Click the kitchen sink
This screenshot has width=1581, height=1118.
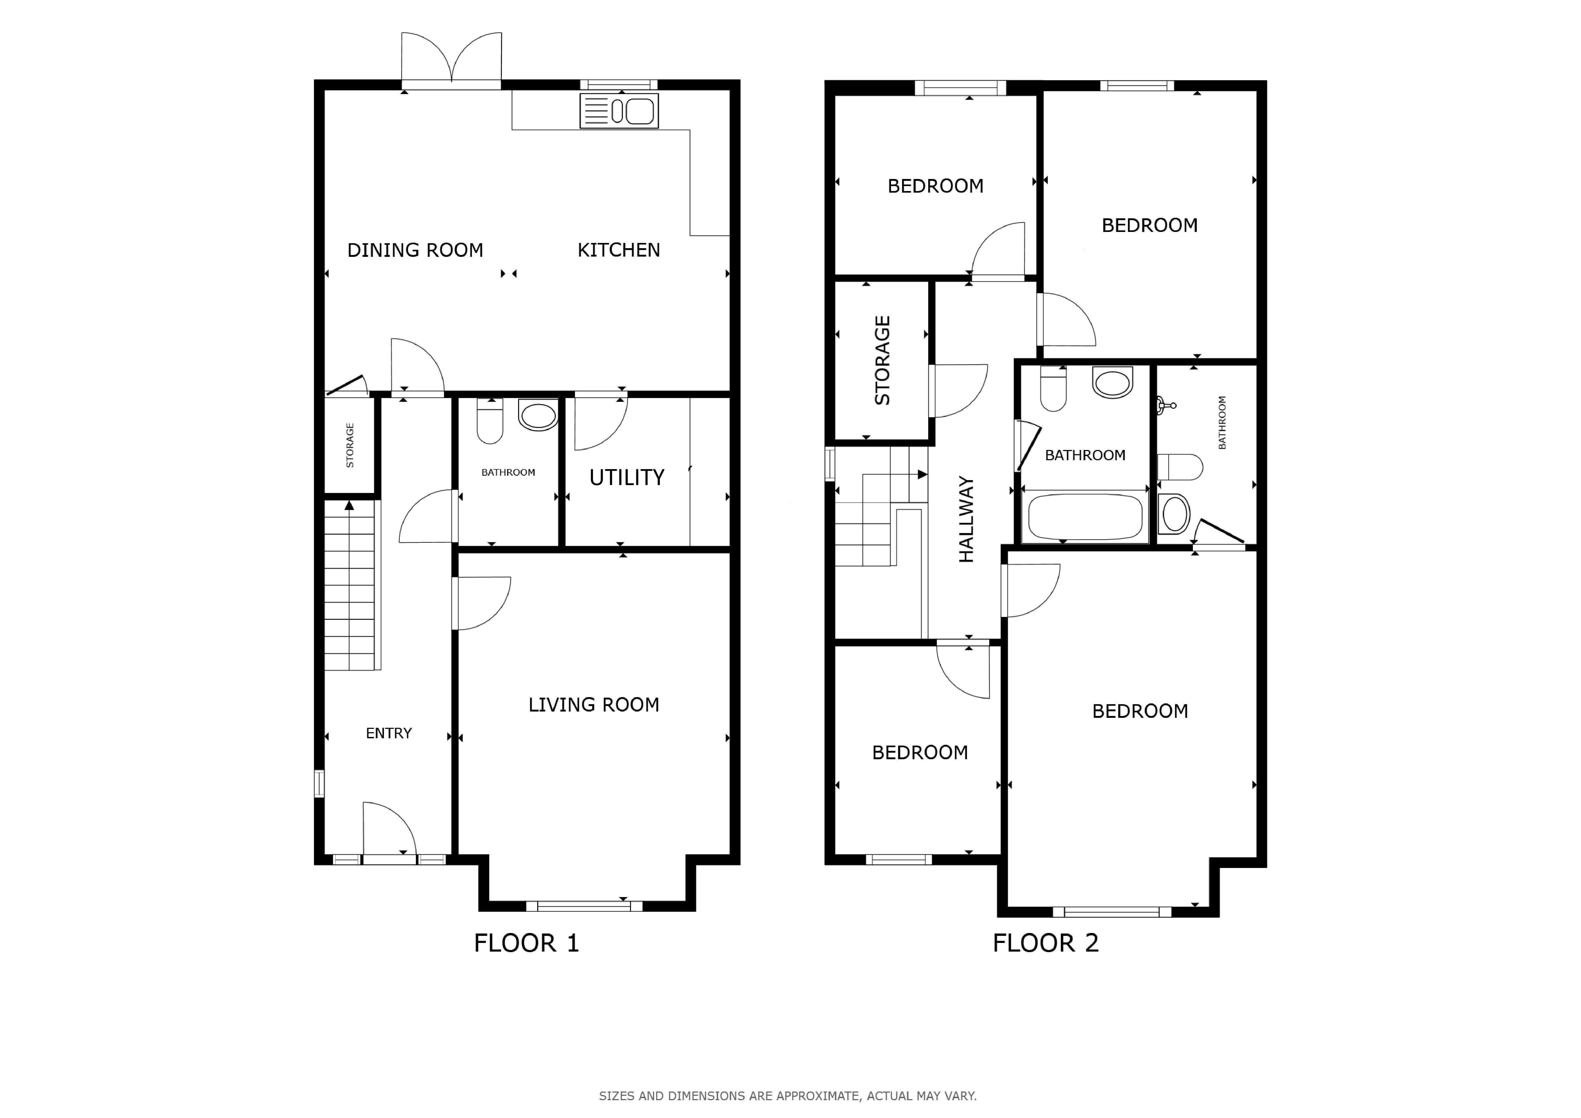tap(619, 111)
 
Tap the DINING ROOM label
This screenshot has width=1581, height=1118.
tap(415, 250)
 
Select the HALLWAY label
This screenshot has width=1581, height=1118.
tap(967, 519)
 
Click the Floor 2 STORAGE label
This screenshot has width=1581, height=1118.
tap(882, 360)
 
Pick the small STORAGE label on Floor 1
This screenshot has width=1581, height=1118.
tap(350, 446)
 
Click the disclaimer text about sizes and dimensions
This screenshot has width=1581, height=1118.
tap(788, 1095)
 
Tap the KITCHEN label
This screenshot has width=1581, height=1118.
tap(618, 250)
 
